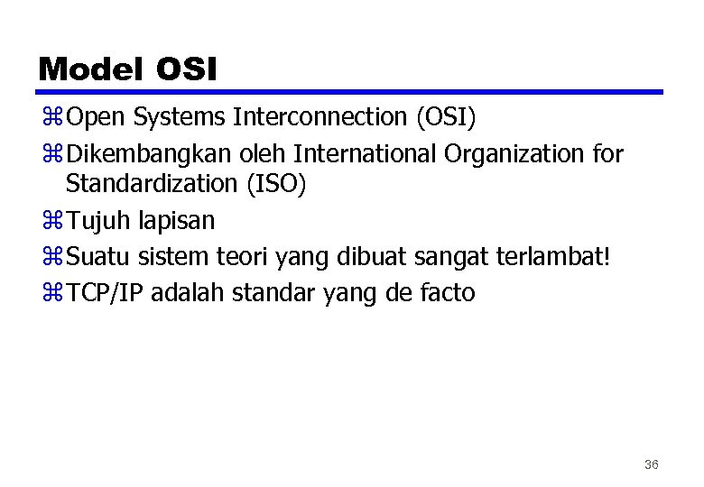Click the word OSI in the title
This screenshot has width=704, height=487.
(x=187, y=69)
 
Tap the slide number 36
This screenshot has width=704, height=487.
(x=652, y=464)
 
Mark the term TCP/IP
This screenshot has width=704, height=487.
(x=106, y=293)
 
